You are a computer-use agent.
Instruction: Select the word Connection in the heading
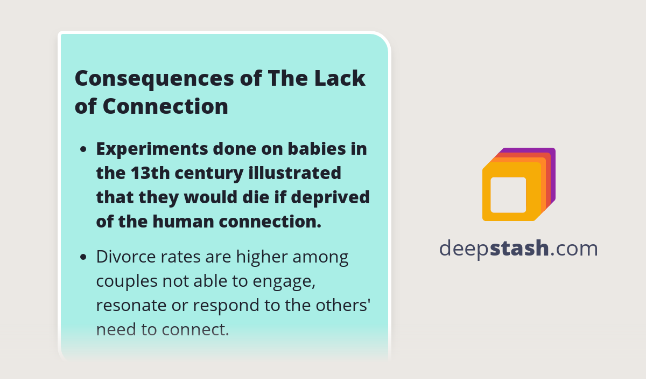(x=165, y=106)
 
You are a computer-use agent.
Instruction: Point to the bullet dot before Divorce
(x=83, y=257)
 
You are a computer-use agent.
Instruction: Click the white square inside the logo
(x=508, y=195)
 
